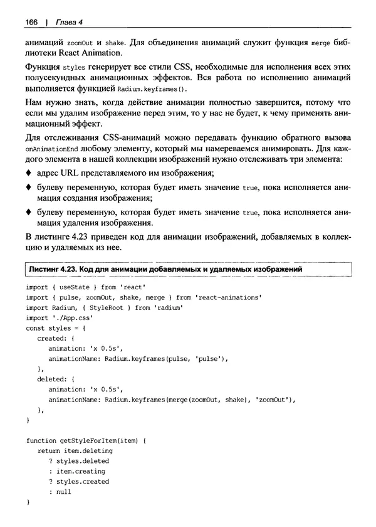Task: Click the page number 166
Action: [31, 22]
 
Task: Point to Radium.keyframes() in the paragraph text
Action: [153, 90]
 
